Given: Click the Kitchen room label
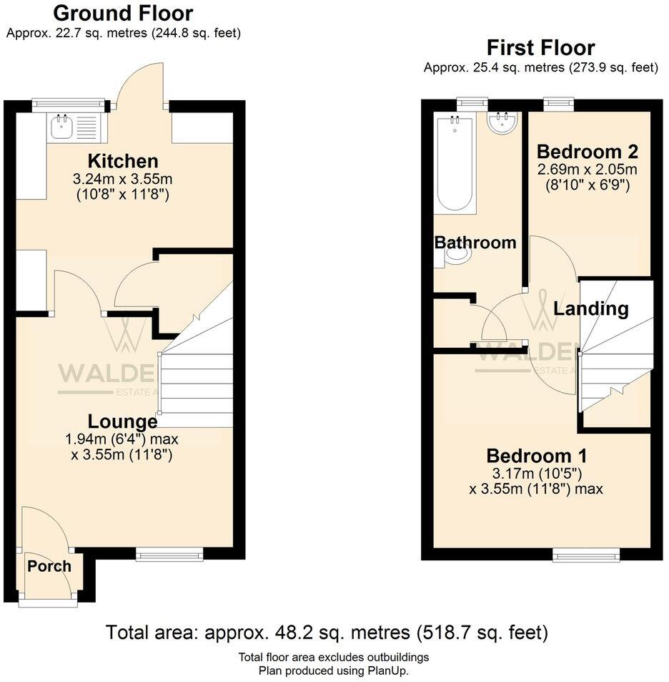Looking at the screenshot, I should [122, 161].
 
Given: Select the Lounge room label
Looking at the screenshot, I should [122, 422].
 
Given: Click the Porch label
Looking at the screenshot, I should [49, 566].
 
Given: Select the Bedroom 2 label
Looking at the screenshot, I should [587, 152].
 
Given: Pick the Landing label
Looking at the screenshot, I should [591, 309].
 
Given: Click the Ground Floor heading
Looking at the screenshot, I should [123, 13].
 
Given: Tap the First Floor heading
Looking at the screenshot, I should [540, 48].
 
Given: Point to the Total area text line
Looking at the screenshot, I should [327, 633].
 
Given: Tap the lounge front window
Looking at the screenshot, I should [169, 553].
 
